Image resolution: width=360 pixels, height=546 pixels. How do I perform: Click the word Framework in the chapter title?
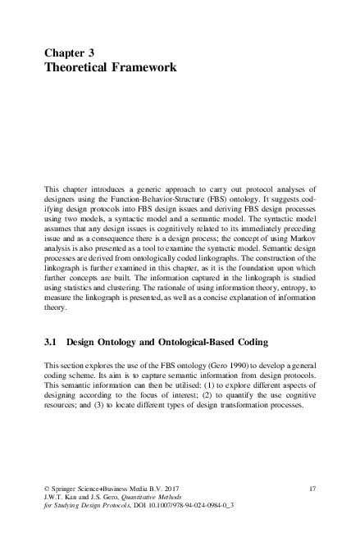tap(140, 66)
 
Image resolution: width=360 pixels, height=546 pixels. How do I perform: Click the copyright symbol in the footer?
tap(47, 488)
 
